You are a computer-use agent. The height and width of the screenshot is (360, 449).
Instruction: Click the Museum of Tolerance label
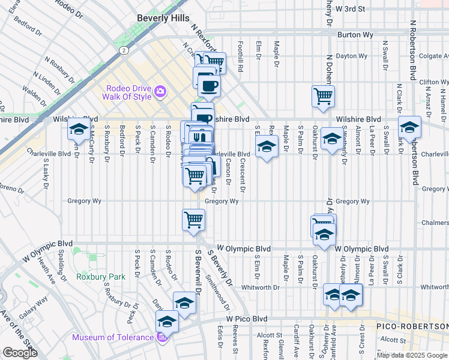pos(113,337)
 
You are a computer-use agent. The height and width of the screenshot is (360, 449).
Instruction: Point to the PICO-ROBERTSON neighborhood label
pos(411,326)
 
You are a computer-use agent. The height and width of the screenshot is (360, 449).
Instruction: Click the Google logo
pos(20,353)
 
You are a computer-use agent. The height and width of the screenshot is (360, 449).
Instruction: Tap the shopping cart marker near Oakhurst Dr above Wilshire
pos(324,95)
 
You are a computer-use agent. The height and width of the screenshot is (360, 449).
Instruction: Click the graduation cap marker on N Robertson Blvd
pos(410,127)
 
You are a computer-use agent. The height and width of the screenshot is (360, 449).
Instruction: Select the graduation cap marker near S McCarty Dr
pos(79,128)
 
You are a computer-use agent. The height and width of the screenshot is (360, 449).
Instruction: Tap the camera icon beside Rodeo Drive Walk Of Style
pos(160,92)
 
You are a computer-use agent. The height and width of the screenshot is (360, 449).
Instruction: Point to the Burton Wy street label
pos(351,35)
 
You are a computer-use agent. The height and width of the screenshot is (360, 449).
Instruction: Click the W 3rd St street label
pos(350,9)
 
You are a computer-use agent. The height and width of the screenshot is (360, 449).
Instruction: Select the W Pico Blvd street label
pos(246,319)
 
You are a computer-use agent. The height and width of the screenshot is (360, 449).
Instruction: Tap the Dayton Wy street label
pos(351,56)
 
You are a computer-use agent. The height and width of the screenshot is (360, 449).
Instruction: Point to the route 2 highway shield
pos(122,51)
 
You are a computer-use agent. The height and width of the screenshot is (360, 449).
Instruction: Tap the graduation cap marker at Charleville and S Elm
pos(266,146)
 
